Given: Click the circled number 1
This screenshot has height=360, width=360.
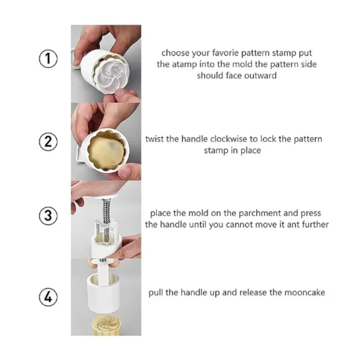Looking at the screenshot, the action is (x=48, y=58).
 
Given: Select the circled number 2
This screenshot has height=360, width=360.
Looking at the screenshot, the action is (x=48, y=142).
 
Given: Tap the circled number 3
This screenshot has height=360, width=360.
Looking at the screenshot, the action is (x=48, y=216).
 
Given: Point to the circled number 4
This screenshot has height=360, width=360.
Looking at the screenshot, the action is (x=48, y=297).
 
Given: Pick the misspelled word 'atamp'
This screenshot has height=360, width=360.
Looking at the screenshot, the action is (x=184, y=64).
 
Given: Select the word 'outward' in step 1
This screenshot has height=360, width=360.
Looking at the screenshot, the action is (x=261, y=76).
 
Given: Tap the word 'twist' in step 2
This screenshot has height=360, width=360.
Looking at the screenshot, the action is (x=154, y=139).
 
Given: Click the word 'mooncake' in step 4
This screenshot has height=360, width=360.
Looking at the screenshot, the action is (x=305, y=293).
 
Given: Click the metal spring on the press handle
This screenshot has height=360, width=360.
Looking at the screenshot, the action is (x=106, y=211).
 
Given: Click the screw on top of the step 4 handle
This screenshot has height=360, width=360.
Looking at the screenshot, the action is (x=103, y=260).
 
